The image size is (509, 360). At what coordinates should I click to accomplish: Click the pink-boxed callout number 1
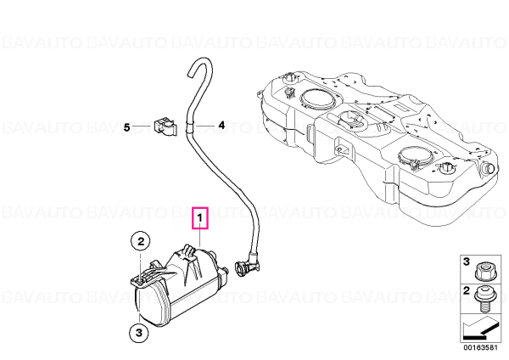point(200,217)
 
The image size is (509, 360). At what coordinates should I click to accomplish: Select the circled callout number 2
point(141,242)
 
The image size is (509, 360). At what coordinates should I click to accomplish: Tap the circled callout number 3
point(139,333)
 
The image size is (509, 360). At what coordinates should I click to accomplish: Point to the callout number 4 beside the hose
point(221,125)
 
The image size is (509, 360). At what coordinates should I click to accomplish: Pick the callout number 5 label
point(127,127)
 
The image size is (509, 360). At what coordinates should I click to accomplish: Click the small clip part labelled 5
point(164,127)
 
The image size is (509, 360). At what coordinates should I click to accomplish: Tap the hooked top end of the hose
point(199,65)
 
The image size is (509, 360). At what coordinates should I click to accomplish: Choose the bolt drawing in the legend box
point(485,299)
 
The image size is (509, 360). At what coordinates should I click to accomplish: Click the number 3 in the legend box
point(466,262)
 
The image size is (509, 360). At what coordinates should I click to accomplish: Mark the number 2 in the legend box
point(466,290)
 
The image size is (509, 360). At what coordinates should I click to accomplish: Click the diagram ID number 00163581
point(480,347)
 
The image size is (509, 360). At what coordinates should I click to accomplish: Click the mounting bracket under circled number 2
point(148,274)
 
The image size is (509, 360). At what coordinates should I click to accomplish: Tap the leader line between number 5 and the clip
point(142,126)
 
